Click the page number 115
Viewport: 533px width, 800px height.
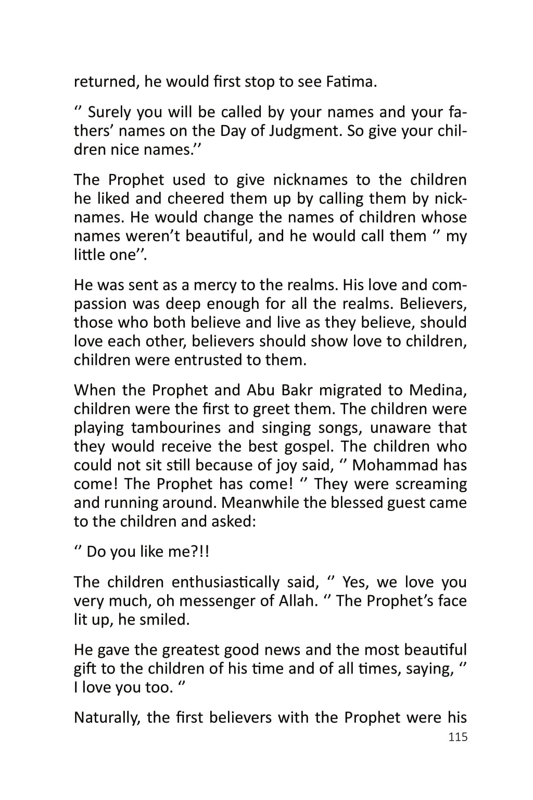(x=458, y=737)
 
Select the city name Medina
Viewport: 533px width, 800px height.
(x=438, y=390)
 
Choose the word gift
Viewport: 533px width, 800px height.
(x=85, y=668)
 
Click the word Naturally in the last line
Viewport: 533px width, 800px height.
(x=107, y=717)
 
